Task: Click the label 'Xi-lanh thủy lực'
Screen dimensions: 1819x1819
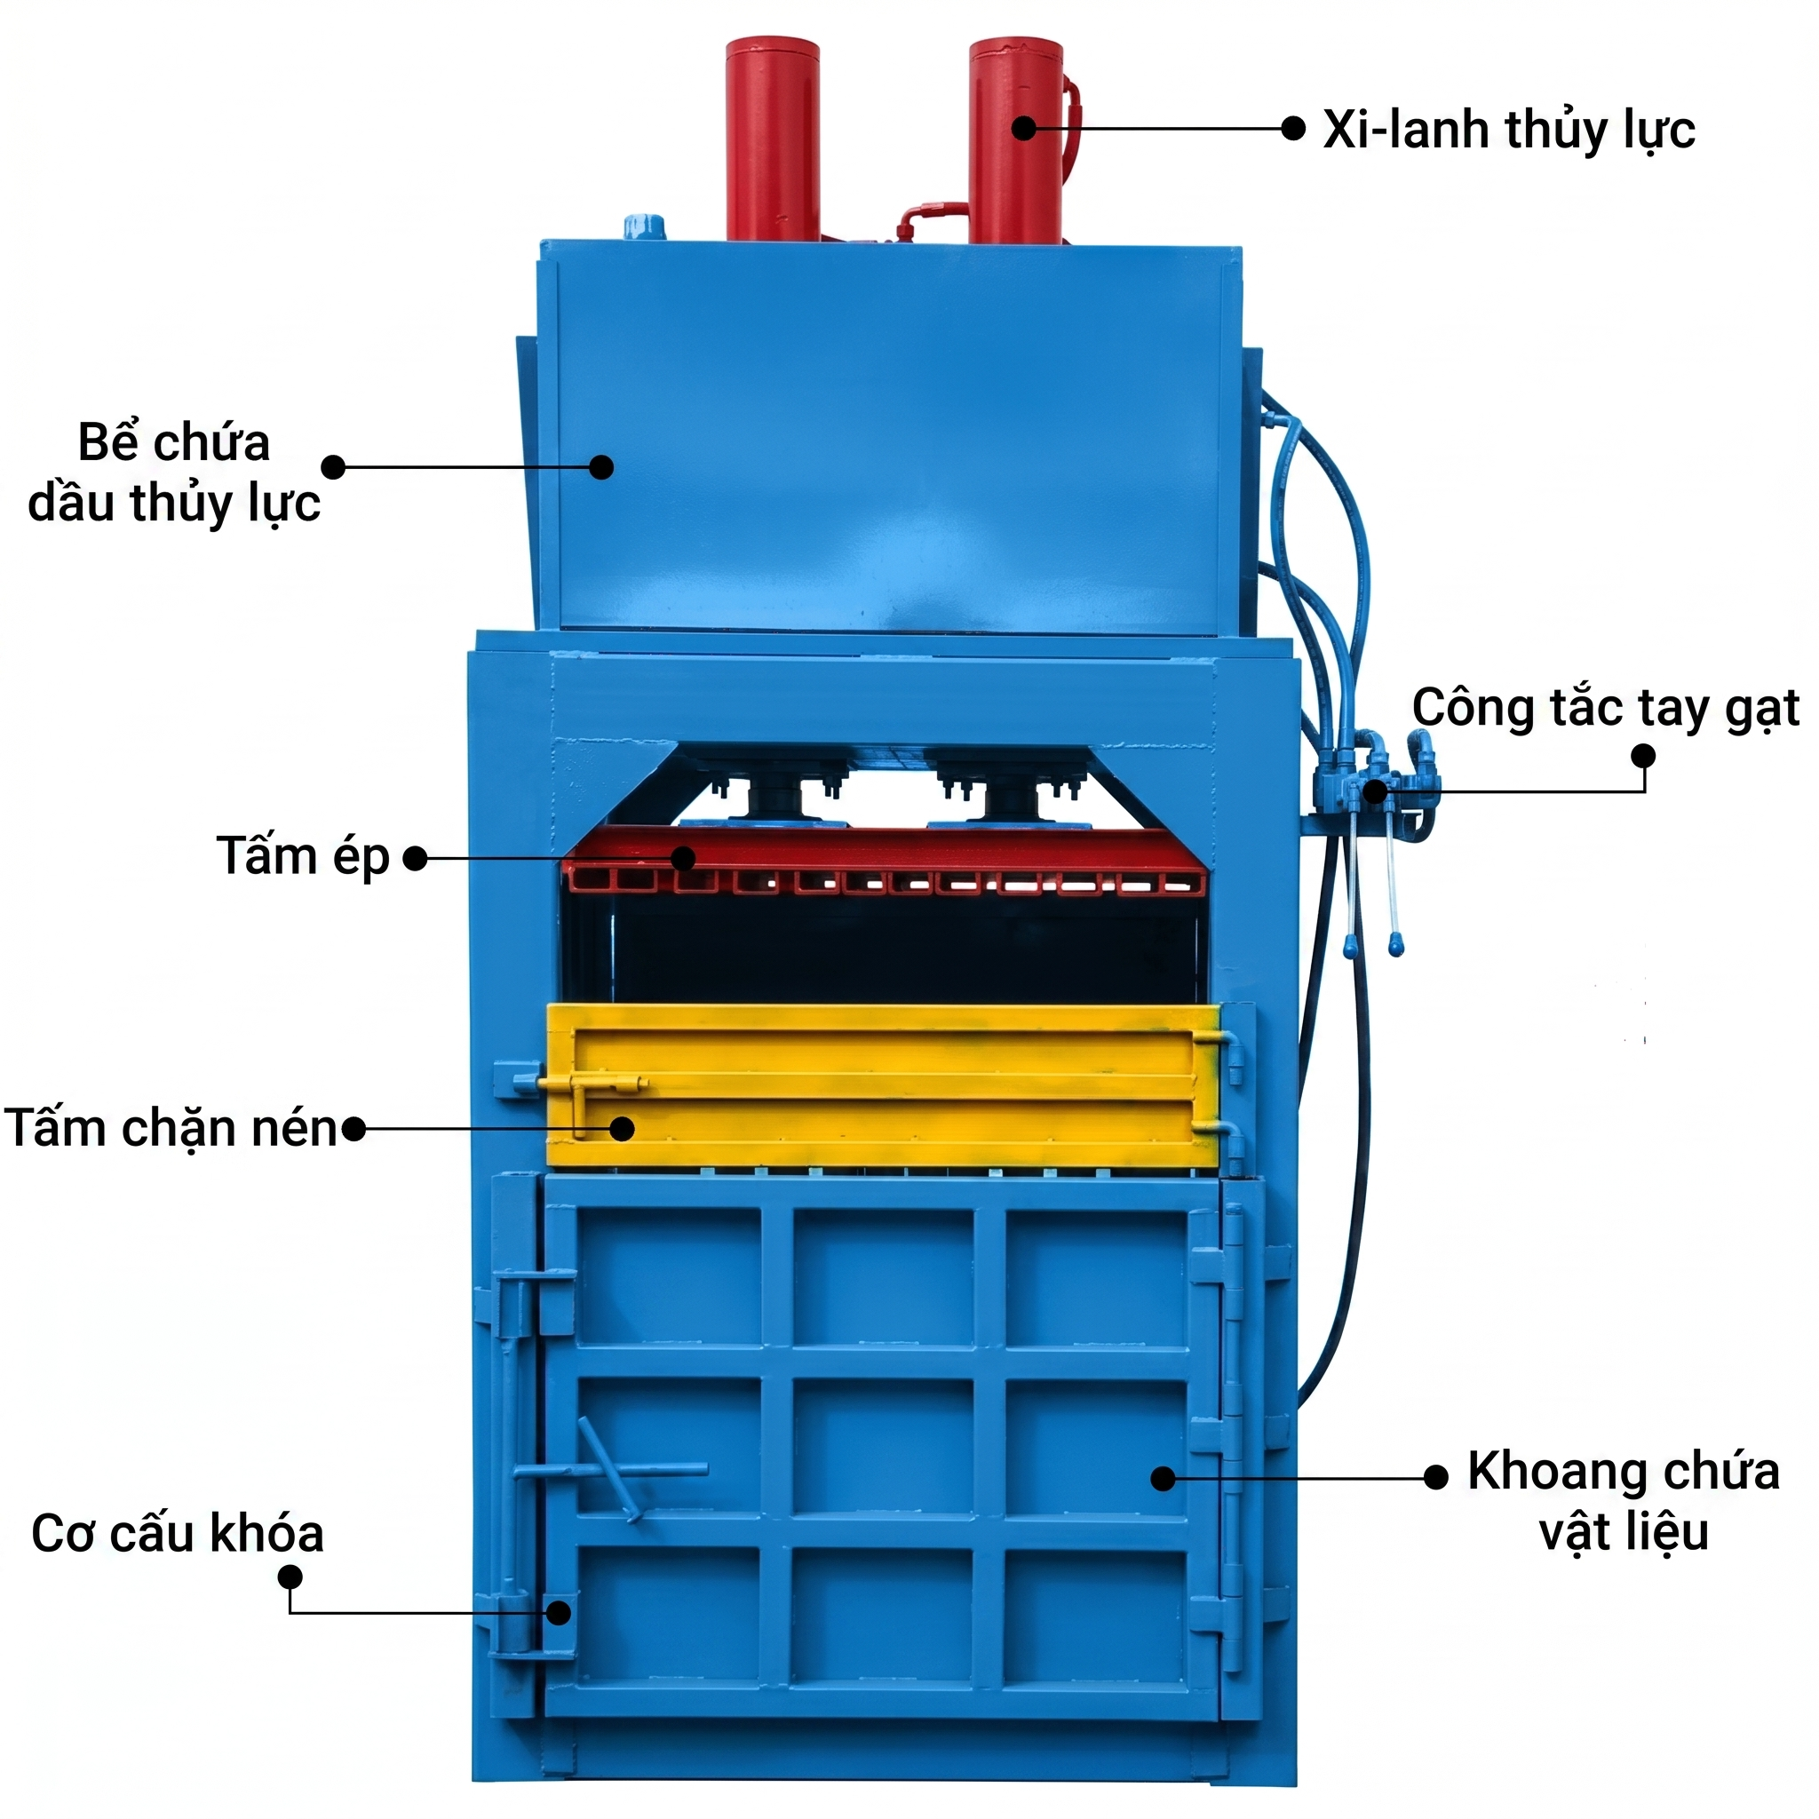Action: tap(1508, 130)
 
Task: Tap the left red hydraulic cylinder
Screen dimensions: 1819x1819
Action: tap(772, 139)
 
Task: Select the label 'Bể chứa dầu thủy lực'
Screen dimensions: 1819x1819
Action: tap(174, 472)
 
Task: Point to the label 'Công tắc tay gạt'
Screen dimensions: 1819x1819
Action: tap(1605, 709)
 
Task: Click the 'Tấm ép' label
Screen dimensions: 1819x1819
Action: tap(303, 857)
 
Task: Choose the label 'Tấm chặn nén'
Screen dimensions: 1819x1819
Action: tap(171, 1128)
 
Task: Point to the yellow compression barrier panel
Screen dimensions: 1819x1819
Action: tap(883, 1085)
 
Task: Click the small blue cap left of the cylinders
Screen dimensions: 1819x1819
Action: tap(644, 226)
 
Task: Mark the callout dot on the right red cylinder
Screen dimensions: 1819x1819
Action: tap(1024, 128)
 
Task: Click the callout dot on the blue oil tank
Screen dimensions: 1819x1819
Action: tap(601, 467)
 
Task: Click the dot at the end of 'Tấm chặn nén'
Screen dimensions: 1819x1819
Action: tap(353, 1129)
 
